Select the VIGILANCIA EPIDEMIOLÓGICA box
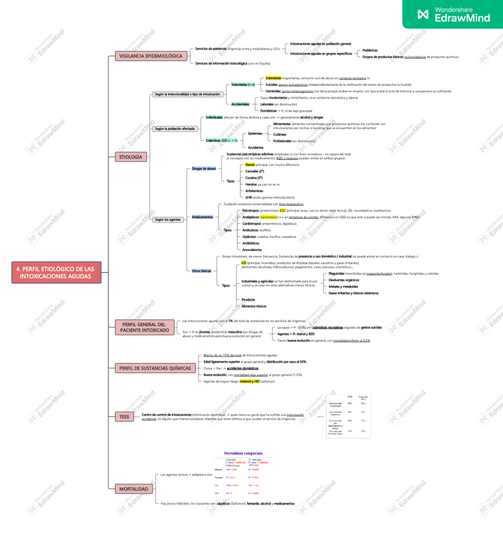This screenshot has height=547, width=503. [x=151, y=56]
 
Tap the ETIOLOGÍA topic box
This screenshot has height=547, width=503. [x=133, y=157]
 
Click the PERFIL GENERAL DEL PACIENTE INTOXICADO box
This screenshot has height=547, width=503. [x=143, y=327]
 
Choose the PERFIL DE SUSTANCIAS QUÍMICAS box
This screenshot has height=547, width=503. [x=155, y=368]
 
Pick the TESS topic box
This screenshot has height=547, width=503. [x=124, y=417]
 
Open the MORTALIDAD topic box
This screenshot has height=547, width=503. [x=133, y=489]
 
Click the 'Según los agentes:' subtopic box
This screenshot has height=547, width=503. [x=168, y=220]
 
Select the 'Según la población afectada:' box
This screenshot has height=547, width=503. [x=175, y=128]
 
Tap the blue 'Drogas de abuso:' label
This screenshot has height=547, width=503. [x=204, y=168]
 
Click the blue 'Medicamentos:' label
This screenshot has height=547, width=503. [x=203, y=217]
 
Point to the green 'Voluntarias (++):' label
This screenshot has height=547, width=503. [x=243, y=85]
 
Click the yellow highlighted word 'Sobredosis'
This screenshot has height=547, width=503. [x=273, y=77]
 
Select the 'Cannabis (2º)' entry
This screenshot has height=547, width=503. [x=255, y=171]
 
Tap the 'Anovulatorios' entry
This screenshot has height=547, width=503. [x=252, y=249]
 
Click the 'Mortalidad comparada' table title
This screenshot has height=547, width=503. [x=243, y=453]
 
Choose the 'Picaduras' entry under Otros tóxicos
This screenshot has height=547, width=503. [x=248, y=300]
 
